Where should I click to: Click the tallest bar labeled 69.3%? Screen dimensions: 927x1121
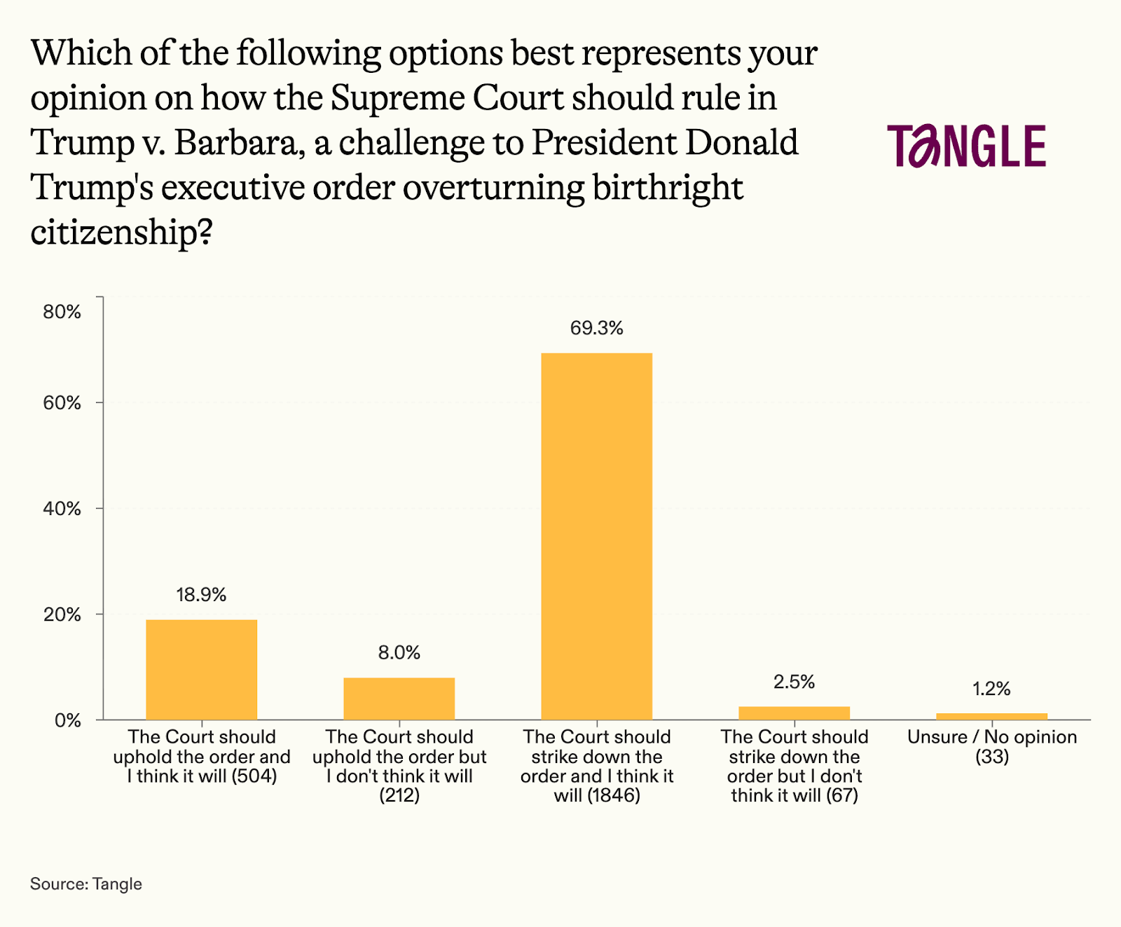pos(596,536)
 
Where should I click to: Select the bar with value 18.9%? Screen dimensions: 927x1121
pos(201,669)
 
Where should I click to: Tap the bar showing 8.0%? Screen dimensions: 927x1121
pos(399,699)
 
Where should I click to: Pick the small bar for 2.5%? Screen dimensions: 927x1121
pos(794,713)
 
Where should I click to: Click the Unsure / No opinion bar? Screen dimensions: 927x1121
pos(991,716)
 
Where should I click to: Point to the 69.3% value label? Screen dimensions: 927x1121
pos(596,328)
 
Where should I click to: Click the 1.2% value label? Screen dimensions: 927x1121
pos(991,689)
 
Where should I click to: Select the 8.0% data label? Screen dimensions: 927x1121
pos(399,652)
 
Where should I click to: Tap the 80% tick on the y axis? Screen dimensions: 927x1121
pos(62,312)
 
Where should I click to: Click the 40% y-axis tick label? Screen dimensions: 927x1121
pos(62,509)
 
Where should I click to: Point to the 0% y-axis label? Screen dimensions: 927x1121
pos(68,720)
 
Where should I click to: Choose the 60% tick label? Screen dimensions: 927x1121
pos(62,403)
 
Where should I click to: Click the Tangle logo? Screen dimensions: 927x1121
pos(966,146)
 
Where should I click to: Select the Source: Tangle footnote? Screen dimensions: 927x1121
pos(86,884)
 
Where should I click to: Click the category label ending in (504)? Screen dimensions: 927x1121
pos(201,757)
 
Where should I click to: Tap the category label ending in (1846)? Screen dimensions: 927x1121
pos(596,766)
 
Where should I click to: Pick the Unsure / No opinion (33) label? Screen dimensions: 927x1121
pos(991,746)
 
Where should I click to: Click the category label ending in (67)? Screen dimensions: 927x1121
pos(794,766)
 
